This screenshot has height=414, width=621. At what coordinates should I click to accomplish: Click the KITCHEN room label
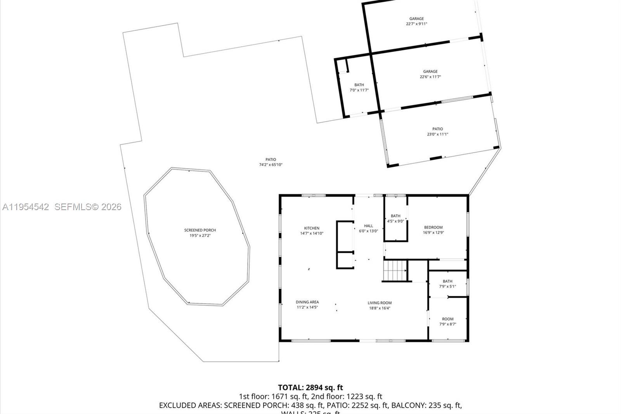312,228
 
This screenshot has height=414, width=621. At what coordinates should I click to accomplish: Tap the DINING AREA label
307,302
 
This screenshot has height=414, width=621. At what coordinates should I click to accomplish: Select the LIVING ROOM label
380,303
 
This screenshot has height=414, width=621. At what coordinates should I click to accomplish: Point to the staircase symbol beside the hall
394,270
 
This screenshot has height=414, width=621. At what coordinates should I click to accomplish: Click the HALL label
368,226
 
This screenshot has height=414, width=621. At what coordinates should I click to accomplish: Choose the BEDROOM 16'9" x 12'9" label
433,228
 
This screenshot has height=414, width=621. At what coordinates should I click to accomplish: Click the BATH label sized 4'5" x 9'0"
395,216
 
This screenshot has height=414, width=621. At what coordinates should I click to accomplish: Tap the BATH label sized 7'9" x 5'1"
448,282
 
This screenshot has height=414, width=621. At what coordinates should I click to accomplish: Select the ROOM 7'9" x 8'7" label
448,319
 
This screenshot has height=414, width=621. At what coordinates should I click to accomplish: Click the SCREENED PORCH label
200,230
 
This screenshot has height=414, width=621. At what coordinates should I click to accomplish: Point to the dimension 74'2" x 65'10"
271,165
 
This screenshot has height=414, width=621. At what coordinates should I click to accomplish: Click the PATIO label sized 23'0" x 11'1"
437,129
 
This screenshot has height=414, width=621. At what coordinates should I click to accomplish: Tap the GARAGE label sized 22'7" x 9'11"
416,19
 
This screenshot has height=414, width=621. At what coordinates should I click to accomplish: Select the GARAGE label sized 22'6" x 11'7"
430,71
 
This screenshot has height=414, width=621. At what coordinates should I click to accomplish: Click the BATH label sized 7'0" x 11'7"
359,85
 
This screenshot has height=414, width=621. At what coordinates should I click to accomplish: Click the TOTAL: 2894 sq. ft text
310,387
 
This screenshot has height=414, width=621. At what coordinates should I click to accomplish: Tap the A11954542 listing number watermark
26,207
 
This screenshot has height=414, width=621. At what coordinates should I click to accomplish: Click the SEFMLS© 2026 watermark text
88,207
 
